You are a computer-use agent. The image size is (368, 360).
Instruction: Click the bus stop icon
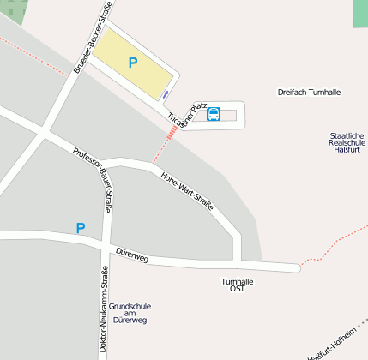214,114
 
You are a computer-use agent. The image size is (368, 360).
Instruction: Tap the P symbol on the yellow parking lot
133,63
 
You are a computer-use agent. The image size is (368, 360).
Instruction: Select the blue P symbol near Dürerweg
81,228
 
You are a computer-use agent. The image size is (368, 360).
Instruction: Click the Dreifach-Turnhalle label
311,92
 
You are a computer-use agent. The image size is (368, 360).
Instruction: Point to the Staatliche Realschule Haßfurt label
347,142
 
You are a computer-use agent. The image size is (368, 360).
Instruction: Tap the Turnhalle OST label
238,285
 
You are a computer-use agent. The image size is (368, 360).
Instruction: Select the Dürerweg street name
131,252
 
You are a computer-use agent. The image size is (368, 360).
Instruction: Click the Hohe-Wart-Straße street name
187,189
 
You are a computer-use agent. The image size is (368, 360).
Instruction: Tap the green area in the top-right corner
359,13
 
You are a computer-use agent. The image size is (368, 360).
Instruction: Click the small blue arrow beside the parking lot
166,94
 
